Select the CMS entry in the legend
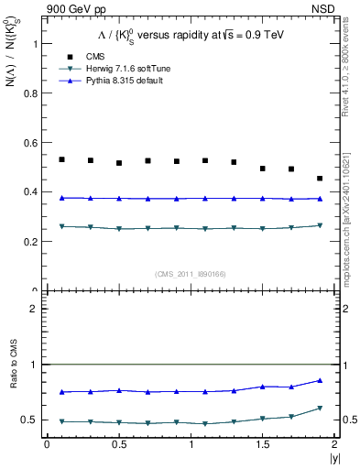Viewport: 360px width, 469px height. coord(82,56)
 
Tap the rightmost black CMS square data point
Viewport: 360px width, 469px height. coord(320,179)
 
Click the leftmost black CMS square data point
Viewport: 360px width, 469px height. coord(61,159)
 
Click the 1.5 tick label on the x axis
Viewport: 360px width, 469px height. coord(262,443)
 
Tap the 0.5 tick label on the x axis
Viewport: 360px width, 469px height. coord(118,443)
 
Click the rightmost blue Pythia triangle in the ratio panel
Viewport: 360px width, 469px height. coord(320,380)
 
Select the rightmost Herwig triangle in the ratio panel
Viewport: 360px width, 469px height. coord(320,408)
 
